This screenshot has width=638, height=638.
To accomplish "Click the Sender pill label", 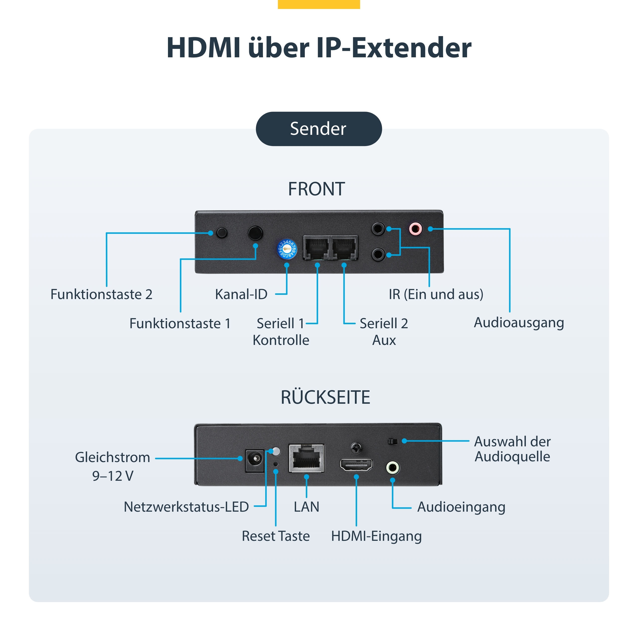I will click(x=319, y=129).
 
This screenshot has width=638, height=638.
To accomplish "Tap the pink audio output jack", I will click(x=415, y=229).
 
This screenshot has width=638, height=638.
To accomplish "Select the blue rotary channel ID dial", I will click(x=287, y=249).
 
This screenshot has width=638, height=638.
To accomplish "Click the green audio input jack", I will click(x=393, y=467).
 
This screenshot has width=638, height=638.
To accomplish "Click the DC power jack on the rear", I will click(x=255, y=460).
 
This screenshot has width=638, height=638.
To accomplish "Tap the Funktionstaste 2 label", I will click(x=101, y=294).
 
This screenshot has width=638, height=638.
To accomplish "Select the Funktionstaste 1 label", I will click(x=180, y=323).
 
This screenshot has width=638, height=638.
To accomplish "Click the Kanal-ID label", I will click(x=241, y=294).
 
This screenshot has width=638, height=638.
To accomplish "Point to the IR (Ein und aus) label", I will click(x=436, y=294).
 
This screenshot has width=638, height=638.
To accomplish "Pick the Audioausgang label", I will click(x=519, y=323).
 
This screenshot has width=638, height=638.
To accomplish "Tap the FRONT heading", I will click(x=316, y=189).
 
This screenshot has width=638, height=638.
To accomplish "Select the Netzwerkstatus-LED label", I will click(x=186, y=507).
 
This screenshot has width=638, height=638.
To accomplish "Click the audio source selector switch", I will click(x=393, y=441).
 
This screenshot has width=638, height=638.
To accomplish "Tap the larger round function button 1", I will click(x=255, y=233).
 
